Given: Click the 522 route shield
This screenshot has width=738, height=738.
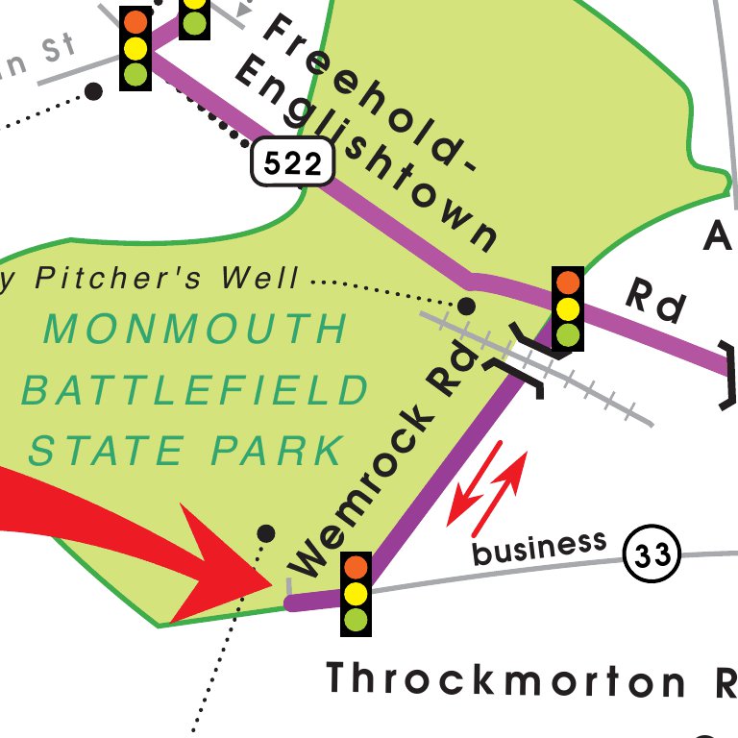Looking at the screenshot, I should coord(293,164).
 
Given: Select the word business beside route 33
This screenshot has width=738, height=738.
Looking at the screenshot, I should coord(540,548).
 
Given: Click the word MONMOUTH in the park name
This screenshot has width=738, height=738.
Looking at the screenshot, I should coord(196,330).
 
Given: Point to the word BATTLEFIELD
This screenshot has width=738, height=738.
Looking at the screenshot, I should coord(196,391).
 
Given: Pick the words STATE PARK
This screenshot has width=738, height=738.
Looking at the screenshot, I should coord(186,450).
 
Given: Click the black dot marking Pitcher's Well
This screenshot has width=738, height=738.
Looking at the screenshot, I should coord(466,307).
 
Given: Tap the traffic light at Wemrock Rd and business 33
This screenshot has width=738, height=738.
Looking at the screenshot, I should coord(357,593).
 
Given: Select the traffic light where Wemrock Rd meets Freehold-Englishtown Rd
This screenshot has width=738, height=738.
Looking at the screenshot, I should coord(568,308).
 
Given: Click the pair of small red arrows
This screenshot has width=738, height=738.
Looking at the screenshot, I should coord(487,487).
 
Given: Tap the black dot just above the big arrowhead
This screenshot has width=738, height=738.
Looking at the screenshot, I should coord(267,533).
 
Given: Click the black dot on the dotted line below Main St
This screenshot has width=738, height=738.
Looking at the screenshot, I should coord(93,91).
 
